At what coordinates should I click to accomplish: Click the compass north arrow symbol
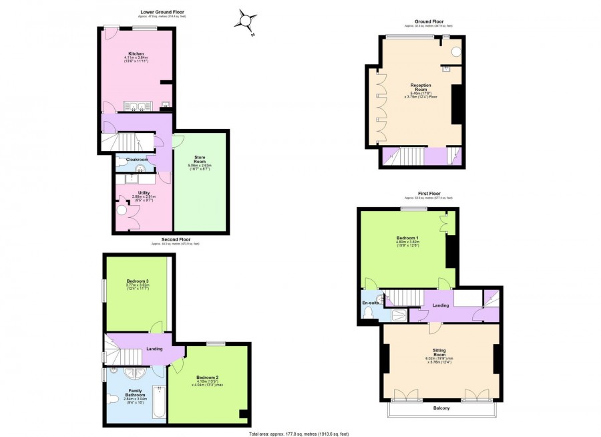245,21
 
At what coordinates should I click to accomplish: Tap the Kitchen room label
136,54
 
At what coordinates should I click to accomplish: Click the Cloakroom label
137,160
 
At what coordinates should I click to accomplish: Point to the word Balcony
439,408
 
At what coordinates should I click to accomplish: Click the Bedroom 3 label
136,281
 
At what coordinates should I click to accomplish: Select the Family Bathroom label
136,392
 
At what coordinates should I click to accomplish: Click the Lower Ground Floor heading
162,12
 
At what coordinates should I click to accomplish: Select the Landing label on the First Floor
440,306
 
